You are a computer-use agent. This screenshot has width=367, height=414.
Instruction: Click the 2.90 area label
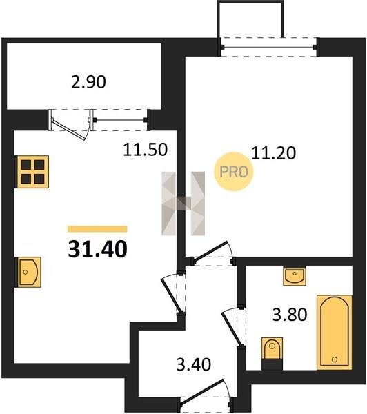89,82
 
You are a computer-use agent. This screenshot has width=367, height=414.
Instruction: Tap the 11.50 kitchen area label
146,150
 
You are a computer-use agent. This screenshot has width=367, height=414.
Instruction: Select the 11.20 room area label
274,153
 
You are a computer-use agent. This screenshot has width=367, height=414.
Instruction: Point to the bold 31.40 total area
98,249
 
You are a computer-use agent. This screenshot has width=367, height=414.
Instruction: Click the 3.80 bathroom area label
290,315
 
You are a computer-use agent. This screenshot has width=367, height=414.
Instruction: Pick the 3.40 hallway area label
194,364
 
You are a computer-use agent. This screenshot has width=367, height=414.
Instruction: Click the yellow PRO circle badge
233,172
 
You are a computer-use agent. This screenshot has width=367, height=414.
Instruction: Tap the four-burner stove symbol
33,172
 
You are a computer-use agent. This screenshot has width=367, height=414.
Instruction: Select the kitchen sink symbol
29,272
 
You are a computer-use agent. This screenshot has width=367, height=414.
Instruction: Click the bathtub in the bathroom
335,332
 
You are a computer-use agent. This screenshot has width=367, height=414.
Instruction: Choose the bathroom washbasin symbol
295,276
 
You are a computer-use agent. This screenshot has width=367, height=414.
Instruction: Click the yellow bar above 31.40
97,229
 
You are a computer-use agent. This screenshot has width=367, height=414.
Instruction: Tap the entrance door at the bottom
206,396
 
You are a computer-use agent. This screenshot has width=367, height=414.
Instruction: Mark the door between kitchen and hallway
174,294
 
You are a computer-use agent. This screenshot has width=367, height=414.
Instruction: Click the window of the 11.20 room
269,47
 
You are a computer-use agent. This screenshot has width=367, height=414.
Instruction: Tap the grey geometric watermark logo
183,204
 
